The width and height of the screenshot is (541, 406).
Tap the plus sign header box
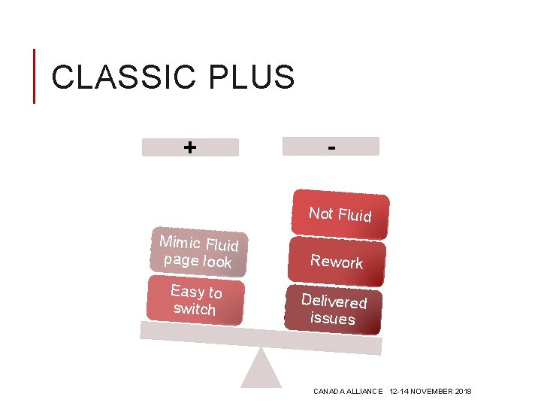tap(190, 147)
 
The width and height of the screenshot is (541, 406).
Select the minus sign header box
tap(331, 146)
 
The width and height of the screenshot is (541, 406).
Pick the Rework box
tap(337, 261)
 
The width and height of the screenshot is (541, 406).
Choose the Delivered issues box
tap(334, 309)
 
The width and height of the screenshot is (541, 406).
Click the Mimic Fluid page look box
tap(199, 251)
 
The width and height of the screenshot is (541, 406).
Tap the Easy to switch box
tap(195, 300)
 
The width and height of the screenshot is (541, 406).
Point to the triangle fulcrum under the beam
tap(261, 370)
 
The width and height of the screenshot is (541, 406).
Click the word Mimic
tap(180, 242)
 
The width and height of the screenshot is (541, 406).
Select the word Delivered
tap(334, 301)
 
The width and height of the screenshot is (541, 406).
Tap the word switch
tap(194, 309)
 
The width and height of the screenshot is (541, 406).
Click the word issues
tap(333, 318)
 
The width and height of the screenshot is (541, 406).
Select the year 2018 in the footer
tap(464, 392)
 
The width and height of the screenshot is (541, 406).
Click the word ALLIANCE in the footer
tap(366, 392)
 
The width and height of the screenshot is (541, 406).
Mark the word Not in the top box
tap(321, 213)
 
